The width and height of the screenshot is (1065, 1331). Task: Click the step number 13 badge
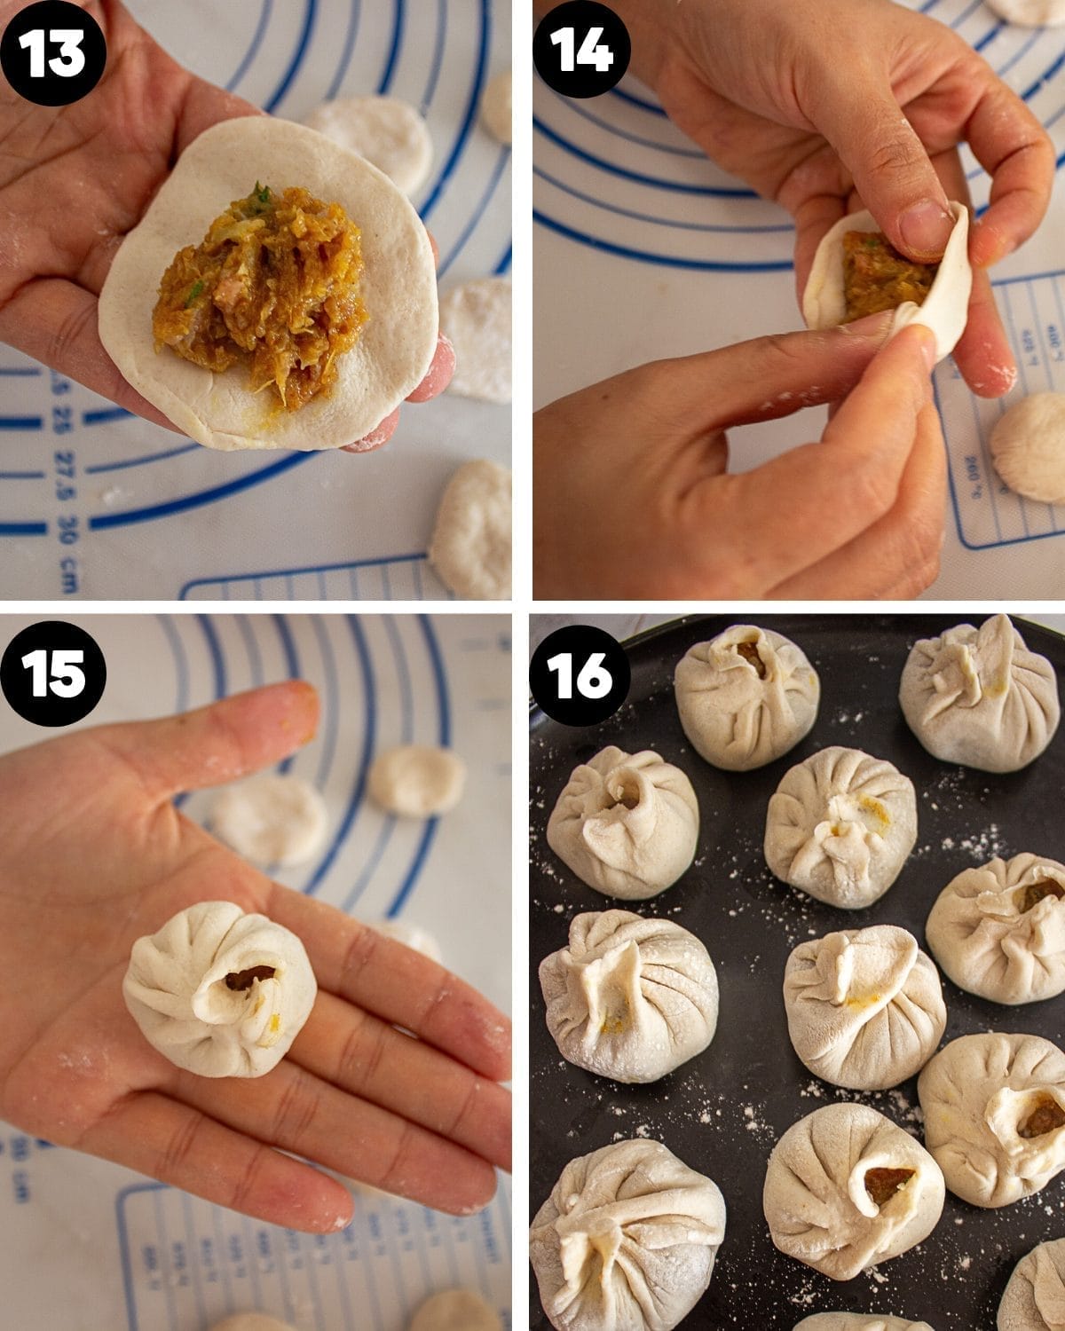pyautogui.click(x=53, y=53)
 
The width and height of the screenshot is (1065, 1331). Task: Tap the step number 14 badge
pyautogui.click(x=582, y=53)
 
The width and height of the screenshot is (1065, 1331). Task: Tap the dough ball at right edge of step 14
pyautogui.click(x=1029, y=447)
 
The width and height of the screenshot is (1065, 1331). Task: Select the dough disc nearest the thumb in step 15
pyautogui.click(x=417, y=781)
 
